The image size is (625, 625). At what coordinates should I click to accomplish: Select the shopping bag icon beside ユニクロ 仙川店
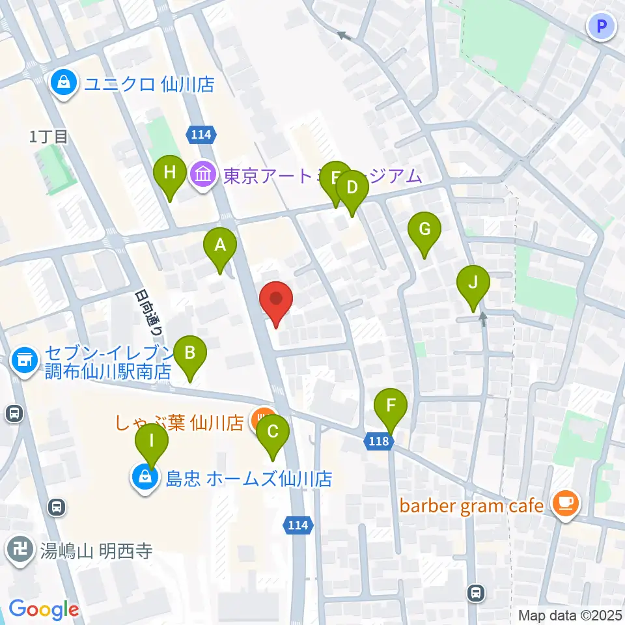(x=64, y=83)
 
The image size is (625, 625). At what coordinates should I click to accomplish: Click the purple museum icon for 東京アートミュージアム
(x=203, y=175)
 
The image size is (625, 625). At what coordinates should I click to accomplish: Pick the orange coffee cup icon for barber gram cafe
(x=565, y=505)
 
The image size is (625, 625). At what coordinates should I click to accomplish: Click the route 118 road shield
(x=378, y=442)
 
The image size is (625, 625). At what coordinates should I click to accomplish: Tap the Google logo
(x=44, y=609)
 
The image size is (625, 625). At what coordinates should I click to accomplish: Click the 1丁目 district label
(x=49, y=137)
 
